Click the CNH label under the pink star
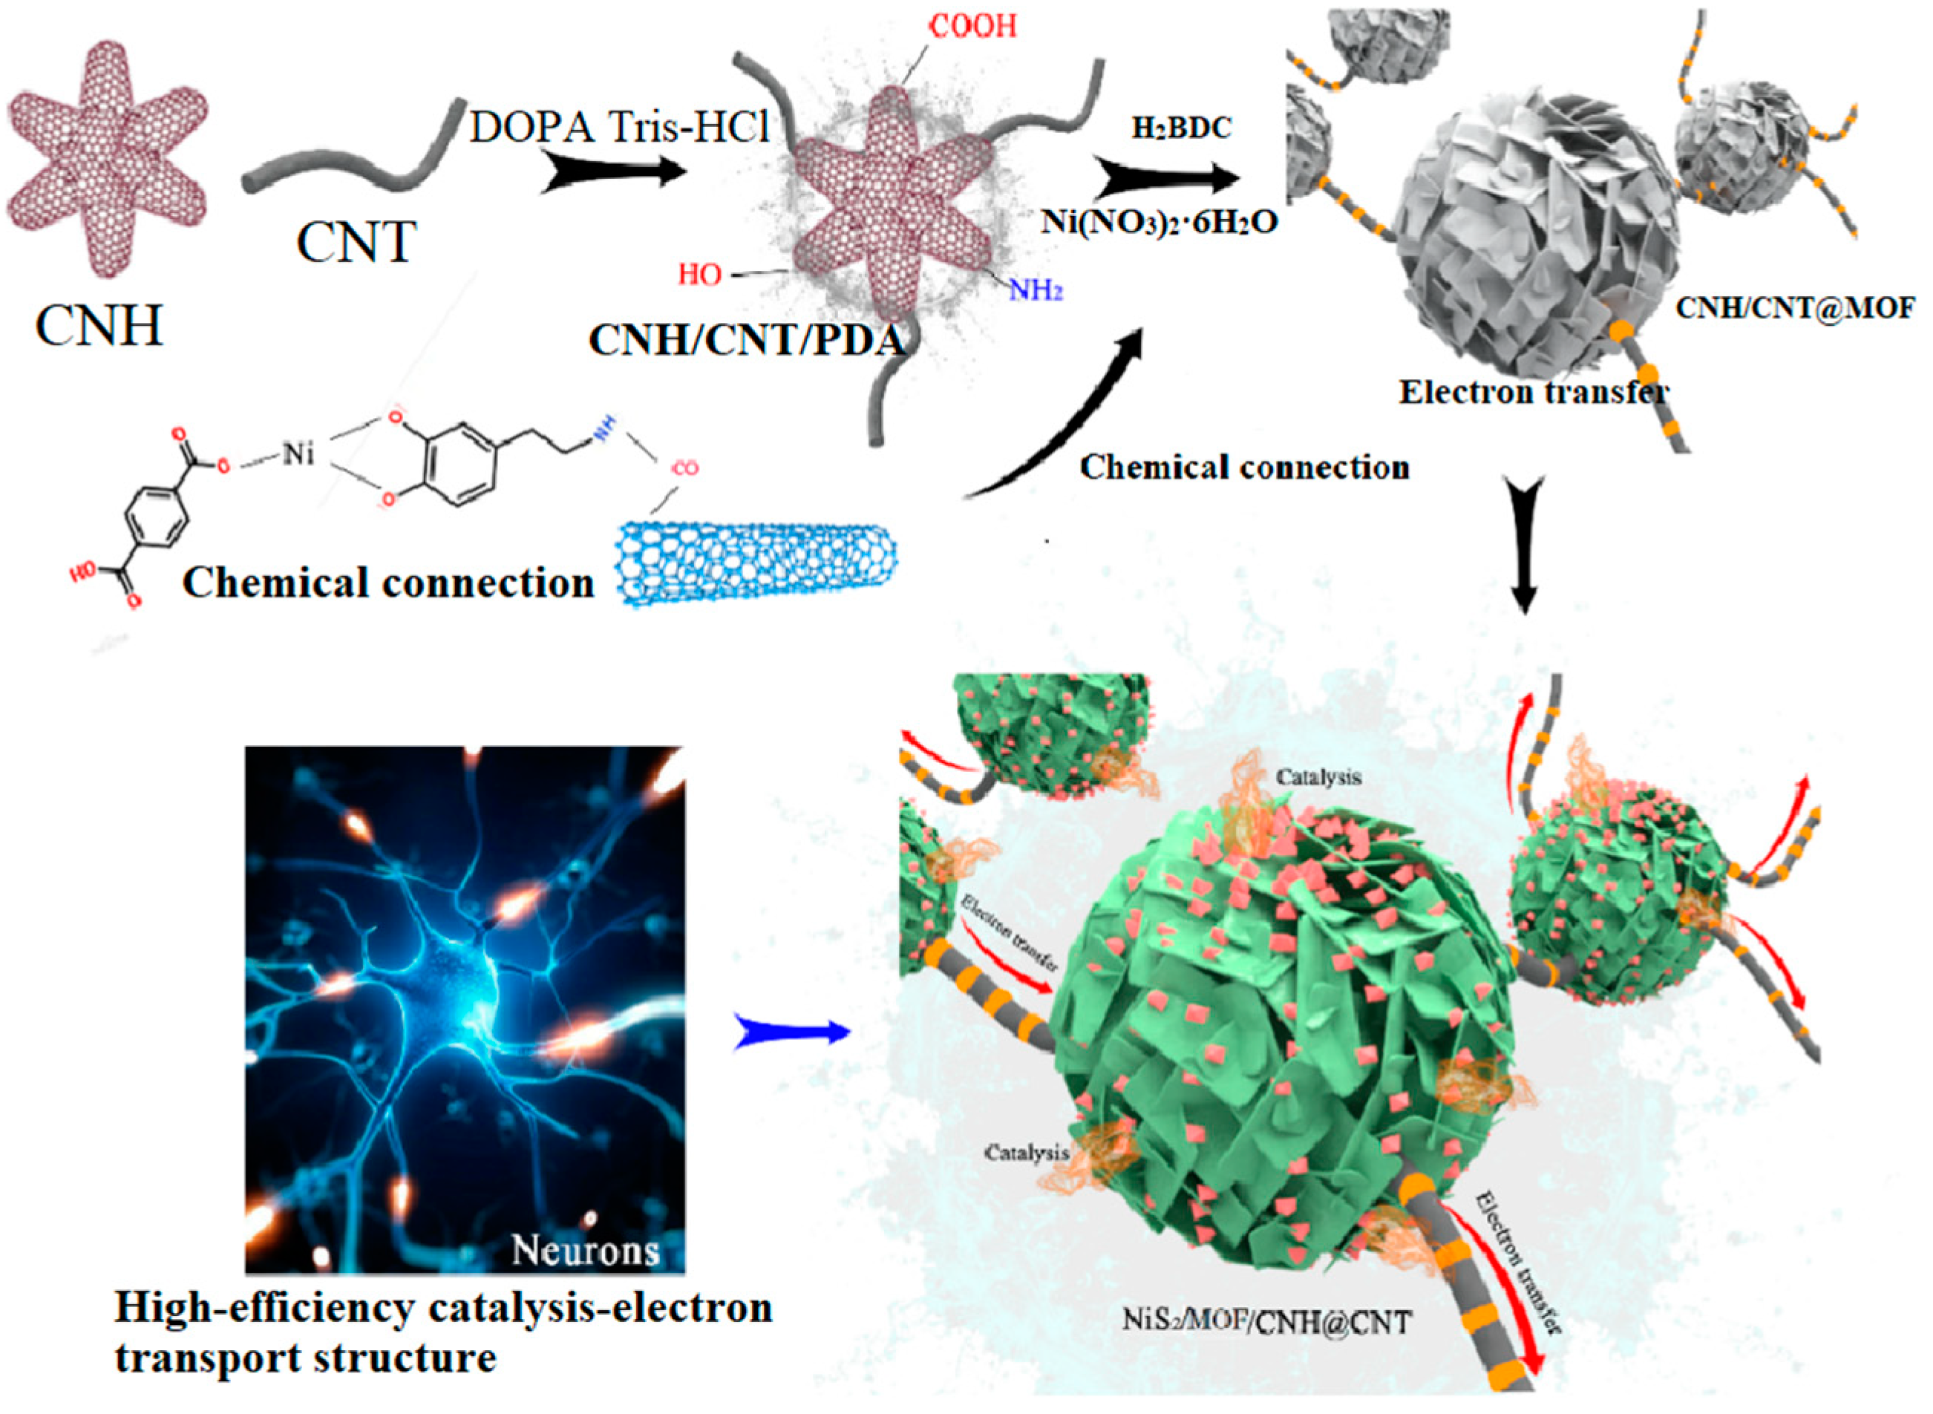pyautogui.click(x=99, y=325)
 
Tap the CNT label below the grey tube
pyautogui.click(x=356, y=241)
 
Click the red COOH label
pyautogui.click(x=973, y=27)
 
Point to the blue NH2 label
pyautogui.click(x=1035, y=290)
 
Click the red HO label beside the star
pyautogui.click(x=699, y=275)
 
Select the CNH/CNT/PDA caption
pyautogui.click(x=745, y=341)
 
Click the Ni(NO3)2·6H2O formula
pyautogui.click(x=1159, y=222)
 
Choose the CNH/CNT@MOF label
pyautogui.click(x=1794, y=307)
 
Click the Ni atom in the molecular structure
pyautogui.click(x=298, y=453)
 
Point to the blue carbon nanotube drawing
pyautogui.click(x=758, y=565)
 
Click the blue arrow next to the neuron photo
pyautogui.click(x=792, y=1034)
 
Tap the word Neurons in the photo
pyautogui.click(x=586, y=1251)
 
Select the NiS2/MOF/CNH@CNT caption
pyautogui.click(x=1266, y=1321)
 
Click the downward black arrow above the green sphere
pyautogui.click(x=1524, y=548)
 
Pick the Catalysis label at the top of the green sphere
pyautogui.click(x=1318, y=778)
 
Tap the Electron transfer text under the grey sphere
pyautogui.click(x=1532, y=392)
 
